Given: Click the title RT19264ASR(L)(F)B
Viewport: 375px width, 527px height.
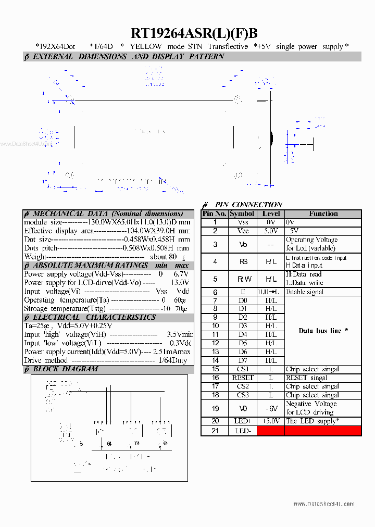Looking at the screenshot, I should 194,33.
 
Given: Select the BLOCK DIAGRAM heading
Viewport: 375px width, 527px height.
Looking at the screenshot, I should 65,369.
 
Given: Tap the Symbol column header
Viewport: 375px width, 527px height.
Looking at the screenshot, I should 242,214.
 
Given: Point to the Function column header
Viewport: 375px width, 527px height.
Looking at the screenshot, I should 323,214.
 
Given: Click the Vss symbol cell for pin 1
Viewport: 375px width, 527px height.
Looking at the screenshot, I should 243,222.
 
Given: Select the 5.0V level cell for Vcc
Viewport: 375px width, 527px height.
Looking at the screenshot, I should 271,231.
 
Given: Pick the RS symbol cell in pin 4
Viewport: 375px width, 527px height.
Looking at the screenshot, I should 243,262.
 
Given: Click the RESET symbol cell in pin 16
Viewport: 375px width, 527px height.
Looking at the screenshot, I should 243,378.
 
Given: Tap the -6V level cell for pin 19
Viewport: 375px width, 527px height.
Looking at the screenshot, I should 271,408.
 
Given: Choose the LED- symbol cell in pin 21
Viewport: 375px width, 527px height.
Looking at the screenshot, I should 243,431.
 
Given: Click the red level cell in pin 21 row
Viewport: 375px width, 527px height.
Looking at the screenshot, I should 271,431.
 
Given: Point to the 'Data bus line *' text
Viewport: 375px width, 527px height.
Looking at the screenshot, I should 323,331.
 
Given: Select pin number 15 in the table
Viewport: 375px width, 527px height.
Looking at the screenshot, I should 215,369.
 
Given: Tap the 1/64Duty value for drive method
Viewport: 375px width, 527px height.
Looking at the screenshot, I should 173,360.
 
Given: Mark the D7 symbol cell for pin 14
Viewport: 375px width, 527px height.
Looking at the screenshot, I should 243,360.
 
